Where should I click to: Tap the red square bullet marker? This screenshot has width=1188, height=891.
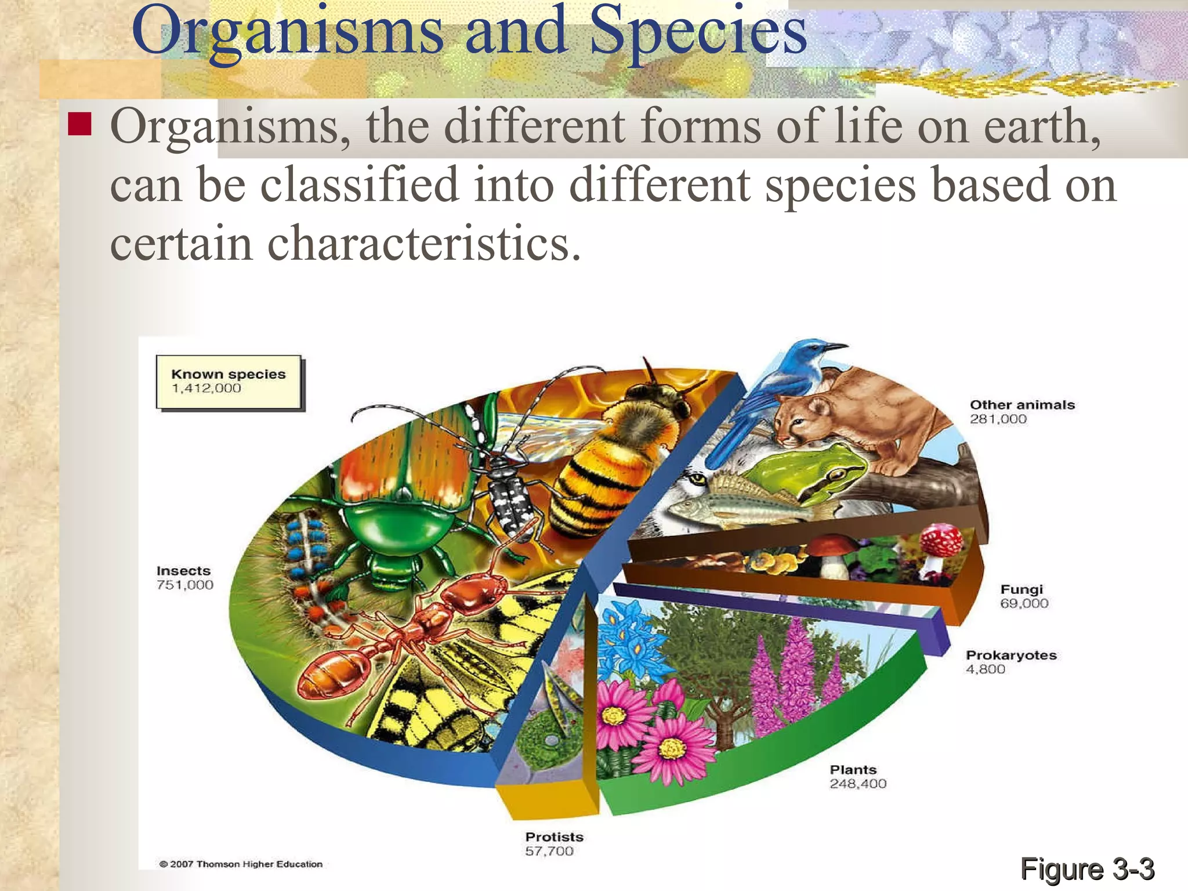pos(79,124)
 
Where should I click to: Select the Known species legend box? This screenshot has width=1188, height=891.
pos(229,382)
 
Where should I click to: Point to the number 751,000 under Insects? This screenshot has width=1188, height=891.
pos(185,585)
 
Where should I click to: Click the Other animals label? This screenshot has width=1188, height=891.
pos(1022,405)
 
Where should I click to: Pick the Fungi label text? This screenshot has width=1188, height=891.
pos(1022,589)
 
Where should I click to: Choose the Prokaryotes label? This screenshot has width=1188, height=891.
pos(1011,655)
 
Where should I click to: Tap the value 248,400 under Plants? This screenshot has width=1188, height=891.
pos(858,784)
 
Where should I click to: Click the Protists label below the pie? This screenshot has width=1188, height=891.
pos(555,837)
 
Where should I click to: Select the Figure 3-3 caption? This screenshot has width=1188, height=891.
pos(1087,869)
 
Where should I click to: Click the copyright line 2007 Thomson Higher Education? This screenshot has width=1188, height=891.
pos(241,864)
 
